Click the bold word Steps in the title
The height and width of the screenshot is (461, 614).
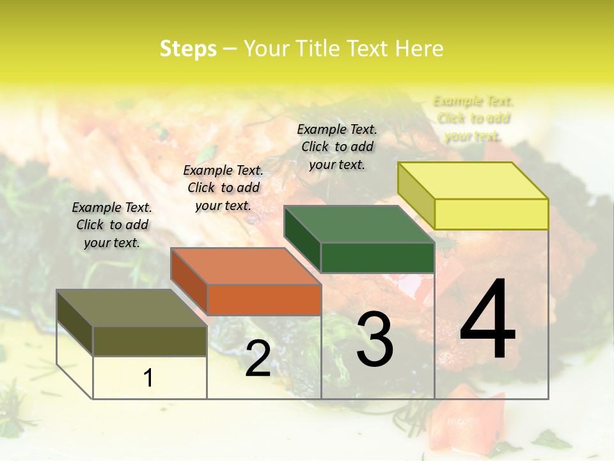[x=188, y=49]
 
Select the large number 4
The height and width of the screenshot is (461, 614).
[x=487, y=319]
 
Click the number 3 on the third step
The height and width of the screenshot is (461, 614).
[x=375, y=339]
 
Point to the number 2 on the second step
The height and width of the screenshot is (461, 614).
[x=258, y=359]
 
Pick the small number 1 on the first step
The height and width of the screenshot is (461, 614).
[x=148, y=378]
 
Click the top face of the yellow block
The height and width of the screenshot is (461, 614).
[x=473, y=181]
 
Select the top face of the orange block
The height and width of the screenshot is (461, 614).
[x=246, y=266]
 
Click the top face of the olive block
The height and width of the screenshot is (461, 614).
[x=132, y=308]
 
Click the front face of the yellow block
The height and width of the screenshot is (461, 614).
[x=491, y=214]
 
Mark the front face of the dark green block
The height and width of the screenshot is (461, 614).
[x=377, y=257]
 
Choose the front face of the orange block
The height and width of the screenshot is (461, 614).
[x=264, y=300]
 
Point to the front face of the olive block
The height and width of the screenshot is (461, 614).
[x=150, y=341]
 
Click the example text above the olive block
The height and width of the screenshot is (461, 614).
[x=112, y=225]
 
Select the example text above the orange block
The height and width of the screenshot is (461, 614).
[x=223, y=188]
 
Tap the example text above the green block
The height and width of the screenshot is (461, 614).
[x=337, y=147]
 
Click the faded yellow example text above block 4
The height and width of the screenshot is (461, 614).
[x=473, y=118]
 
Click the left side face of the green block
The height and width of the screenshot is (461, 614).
[x=302, y=240]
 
